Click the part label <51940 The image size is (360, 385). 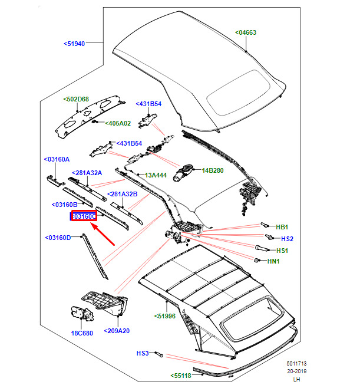tap(74, 44)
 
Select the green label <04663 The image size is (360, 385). tap(246, 32)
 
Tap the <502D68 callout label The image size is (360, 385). tap(76, 99)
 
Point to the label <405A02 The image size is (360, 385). tap(118, 123)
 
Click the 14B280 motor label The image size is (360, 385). tap(213, 170)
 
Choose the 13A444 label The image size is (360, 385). tap(156, 175)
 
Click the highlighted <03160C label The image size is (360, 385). tap(84, 216)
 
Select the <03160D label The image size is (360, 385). tap(58, 238)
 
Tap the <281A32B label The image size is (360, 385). tap(123, 194)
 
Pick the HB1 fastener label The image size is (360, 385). tap(282, 227)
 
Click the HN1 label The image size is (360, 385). tap(273, 261)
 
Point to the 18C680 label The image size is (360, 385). tap(82, 333)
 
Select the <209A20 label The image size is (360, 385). tap(117, 331)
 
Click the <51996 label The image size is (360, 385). tap(165, 316)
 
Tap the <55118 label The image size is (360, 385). tap(181, 376)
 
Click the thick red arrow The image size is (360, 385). tap(103, 234)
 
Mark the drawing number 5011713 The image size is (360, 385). tap(297, 363)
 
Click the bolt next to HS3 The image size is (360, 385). tap(159, 354)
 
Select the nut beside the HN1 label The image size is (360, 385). tap(257, 260)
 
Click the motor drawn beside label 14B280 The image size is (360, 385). tap(183, 172)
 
